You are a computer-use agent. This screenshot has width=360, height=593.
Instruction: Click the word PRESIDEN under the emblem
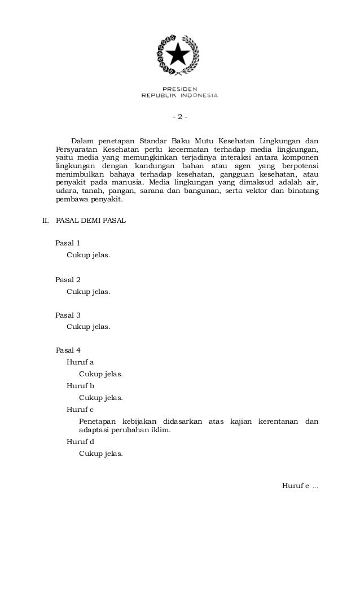coord(179,89)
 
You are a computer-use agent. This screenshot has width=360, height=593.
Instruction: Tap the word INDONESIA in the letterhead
coord(199,95)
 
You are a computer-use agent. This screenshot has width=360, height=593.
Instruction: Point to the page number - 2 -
coord(179,117)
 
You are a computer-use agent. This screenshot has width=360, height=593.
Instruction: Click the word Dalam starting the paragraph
coord(82,140)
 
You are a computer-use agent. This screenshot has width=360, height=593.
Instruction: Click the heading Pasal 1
coord(68,244)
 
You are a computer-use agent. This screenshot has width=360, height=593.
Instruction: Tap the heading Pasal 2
coord(68,279)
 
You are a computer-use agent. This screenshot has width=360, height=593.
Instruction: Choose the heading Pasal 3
coord(68,315)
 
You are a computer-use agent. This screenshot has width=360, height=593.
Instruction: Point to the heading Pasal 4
coord(68,350)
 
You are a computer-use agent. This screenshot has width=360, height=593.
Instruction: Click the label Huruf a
coord(80,362)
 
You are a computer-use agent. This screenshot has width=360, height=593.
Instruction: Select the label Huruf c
coord(80,409)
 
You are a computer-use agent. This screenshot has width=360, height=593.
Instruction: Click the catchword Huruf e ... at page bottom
coord(300,486)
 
